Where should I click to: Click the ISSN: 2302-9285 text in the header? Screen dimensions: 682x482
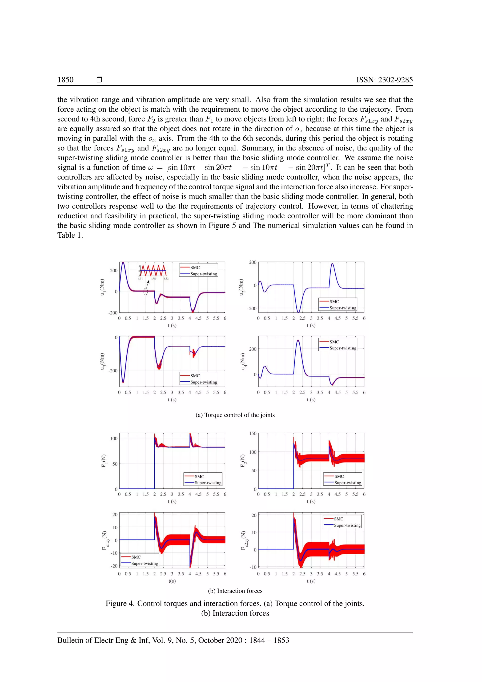pos(384,80)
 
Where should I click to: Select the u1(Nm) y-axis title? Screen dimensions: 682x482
pos(102,287)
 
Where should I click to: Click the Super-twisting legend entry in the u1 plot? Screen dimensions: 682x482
pos(203,274)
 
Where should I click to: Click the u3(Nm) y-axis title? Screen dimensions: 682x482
pos(102,361)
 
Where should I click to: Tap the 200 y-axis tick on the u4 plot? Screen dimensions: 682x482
pos(253,349)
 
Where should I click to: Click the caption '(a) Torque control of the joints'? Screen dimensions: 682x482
pos(235,415)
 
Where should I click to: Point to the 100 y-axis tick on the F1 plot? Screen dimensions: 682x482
pos(114,438)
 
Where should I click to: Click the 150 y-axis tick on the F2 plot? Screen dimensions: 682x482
pos(253,433)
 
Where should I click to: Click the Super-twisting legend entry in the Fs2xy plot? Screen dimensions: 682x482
pos(347,525)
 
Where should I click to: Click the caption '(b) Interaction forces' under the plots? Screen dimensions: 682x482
pos(235,591)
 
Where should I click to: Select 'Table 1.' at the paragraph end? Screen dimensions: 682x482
pos(70,235)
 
